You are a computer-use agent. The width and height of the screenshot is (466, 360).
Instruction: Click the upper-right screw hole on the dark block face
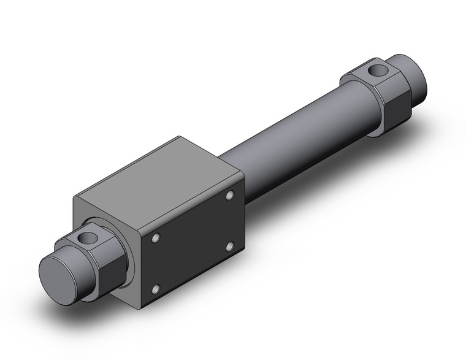pos(230,196)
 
